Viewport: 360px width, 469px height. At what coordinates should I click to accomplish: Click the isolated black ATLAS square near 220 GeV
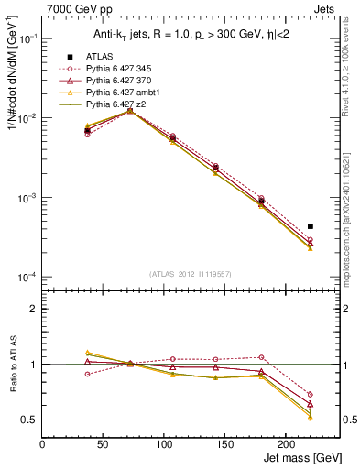[x=311, y=225]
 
